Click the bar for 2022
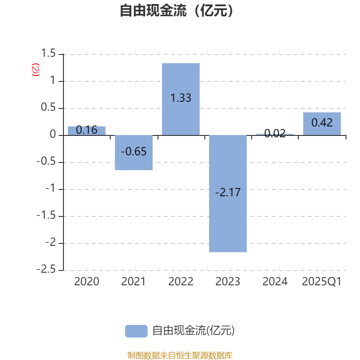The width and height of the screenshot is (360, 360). [181, 99]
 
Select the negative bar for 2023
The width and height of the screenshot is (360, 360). [228, 193]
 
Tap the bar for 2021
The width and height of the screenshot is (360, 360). [134, 153]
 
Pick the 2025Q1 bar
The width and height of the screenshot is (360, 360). [322, 124]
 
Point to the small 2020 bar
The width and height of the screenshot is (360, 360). [86, 131]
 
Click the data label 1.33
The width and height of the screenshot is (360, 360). [181, 98]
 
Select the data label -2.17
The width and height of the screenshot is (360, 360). [228, 192]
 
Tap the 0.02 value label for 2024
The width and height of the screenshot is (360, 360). [275, 133]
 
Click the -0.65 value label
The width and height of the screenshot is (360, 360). [134, 152]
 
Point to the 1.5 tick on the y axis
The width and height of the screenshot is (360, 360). [48, 53]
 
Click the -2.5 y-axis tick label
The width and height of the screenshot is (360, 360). [46, 269]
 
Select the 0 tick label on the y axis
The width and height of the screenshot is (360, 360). [53, 134]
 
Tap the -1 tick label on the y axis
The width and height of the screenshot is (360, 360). [50, 188]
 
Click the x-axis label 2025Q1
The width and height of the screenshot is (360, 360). [322, 282]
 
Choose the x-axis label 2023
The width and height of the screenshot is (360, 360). [228, 282]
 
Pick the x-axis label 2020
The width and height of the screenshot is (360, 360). [86, 282]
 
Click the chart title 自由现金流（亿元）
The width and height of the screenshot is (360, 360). [177, 10]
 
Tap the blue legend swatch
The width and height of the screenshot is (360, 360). [136, 331]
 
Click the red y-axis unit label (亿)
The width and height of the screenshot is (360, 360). [36, 70]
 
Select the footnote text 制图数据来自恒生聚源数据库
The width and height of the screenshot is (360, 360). [180, 355]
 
